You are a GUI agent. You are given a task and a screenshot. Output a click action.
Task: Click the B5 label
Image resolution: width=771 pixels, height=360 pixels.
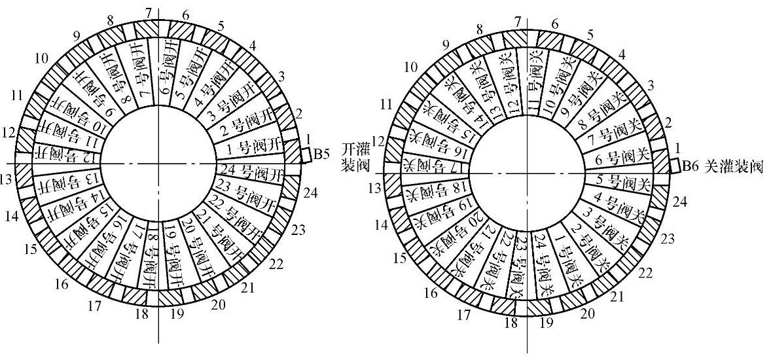(x=321, y=155)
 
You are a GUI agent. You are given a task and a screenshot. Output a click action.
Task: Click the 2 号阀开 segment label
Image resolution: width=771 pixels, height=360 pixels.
(x=246, y=126)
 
